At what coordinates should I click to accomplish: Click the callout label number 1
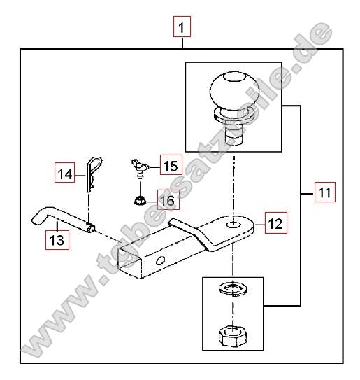pyautogui.click(x=182, y=27)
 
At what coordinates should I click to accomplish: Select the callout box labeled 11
pyautogui.click(x=325, y=192)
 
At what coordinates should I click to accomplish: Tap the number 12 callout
pyautogui.click(x=275, y=223)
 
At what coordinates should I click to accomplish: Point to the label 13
pyautogui.click(x=57, y=240)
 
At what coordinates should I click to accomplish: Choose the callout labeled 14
pyautogui.click(x=64, y=172)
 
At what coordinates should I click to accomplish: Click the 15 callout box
pyautogui.click(x=171, y=164)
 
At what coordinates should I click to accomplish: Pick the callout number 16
pyautogui.click(x=168, y=199)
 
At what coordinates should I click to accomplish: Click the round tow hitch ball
pyautogui.click(x=234, y=90)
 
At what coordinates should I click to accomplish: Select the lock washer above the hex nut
pyautogui.click(x=233, y=289)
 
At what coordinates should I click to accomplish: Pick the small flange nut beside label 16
pyautogui.click(x=140, y=201)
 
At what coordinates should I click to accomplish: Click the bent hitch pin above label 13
pyautogui.click(x=64, y=218)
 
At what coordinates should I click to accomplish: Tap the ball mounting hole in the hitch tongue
pyautogui.click(x=233, y=225)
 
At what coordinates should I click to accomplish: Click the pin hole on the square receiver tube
pyautogui.click(x=160, y=260)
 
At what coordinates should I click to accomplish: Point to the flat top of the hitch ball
pyautogui.click(x=234, y=77)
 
